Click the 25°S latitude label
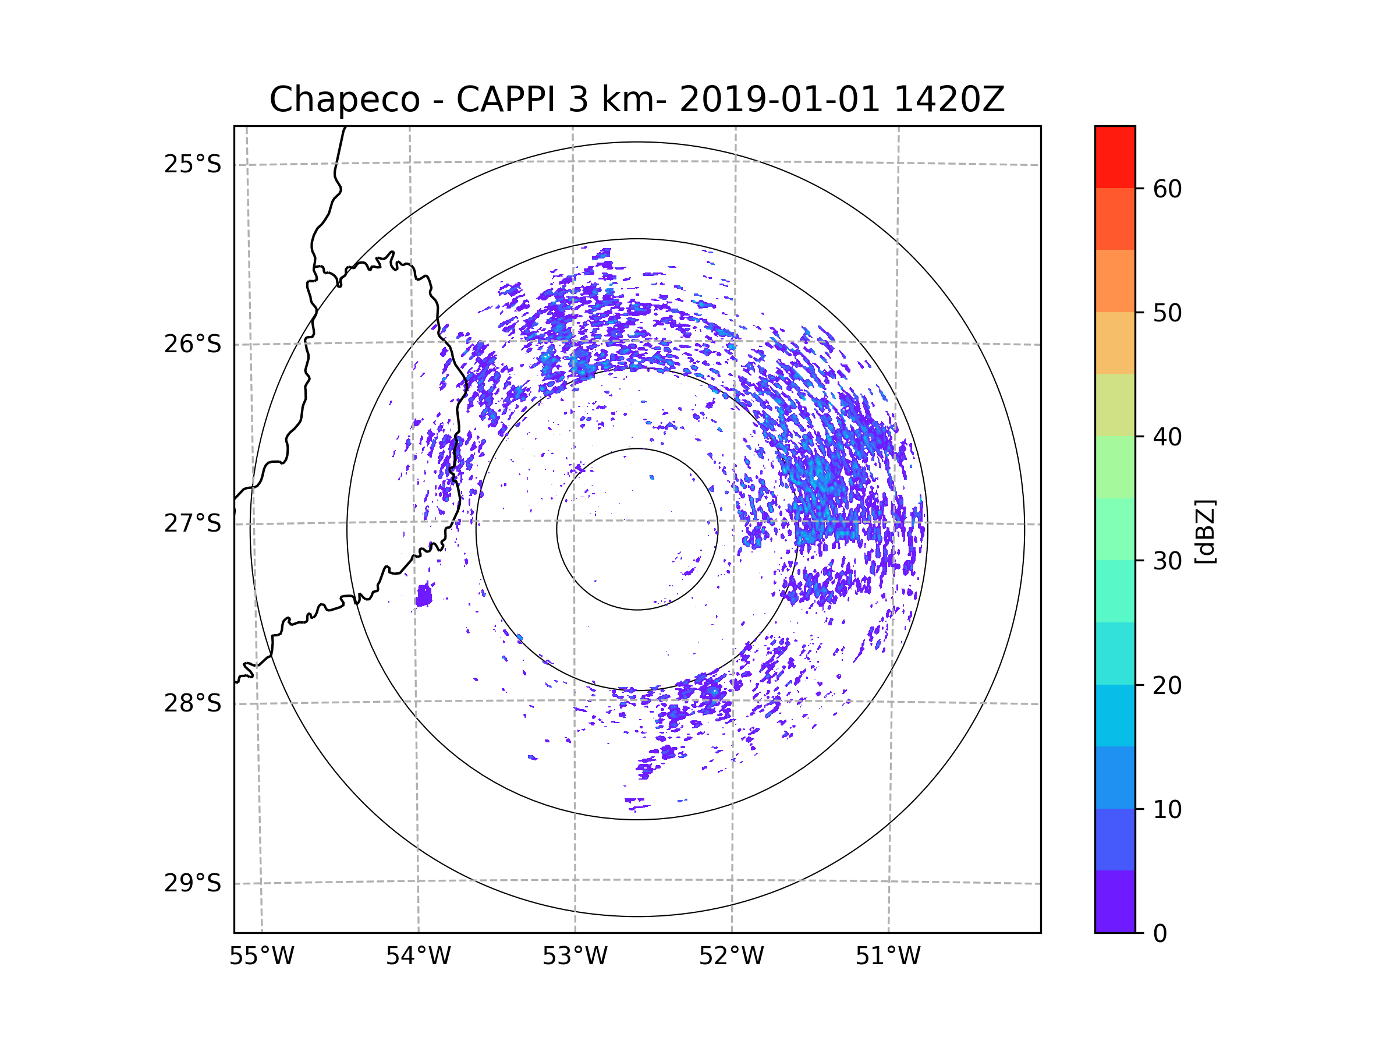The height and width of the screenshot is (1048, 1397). point(193,164)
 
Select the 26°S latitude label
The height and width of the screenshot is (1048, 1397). point(193,344)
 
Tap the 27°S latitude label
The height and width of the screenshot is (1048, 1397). point(193,523)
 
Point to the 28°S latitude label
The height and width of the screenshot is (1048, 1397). point(193,703)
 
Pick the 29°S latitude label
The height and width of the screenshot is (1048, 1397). point(193,883)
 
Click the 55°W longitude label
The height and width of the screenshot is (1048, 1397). point(261,957)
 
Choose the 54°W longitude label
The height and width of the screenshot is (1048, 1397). point(418,957)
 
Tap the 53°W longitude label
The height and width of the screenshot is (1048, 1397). point(575,957)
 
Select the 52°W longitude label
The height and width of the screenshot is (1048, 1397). point(731,957)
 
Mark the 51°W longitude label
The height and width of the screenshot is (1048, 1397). point(888,957)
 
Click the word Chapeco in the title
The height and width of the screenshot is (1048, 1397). point(344,100)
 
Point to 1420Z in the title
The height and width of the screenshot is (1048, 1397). point(949,100)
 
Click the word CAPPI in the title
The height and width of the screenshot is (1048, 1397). point(505,100)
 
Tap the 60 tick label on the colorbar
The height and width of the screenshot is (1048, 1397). point(1167,189)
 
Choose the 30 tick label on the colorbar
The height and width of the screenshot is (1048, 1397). point(1167,561)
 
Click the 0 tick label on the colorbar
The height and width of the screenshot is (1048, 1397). point(1160,934)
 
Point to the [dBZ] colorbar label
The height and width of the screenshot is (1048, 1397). point(1204,532)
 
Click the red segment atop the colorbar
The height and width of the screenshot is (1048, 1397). point(1115,157)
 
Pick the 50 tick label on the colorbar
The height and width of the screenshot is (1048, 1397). point(1167,313)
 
